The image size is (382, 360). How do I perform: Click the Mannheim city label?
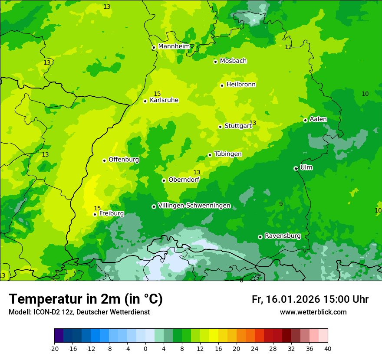[174, 46]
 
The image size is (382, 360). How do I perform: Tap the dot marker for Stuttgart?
[220, 127]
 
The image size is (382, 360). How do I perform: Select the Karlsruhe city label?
[164, 100]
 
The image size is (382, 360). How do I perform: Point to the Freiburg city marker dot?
[95, 214]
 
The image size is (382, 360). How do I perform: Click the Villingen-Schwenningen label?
[194, 206]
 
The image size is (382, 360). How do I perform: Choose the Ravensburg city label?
[282, 236]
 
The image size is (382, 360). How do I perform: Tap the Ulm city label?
[306, 167]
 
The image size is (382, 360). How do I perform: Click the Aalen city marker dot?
[305, 120]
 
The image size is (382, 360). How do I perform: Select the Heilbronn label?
[241, 85]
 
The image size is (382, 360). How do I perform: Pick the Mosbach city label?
[233, 61]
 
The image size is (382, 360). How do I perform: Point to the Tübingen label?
[228, 154]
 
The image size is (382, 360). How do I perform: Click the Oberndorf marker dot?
[164, 180]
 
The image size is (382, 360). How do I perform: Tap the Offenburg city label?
[124, 160]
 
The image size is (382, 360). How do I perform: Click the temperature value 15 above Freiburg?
[97, 208]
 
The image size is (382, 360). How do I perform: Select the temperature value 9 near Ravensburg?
[281, 204]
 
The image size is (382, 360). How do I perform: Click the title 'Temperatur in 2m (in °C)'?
[86, 299]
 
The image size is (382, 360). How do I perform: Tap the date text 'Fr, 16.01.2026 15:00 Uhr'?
[310, 299]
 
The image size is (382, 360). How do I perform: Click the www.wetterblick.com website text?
[313, 312]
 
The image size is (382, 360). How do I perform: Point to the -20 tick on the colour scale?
[54, 348]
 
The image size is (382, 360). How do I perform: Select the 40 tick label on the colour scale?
[328, 348]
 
